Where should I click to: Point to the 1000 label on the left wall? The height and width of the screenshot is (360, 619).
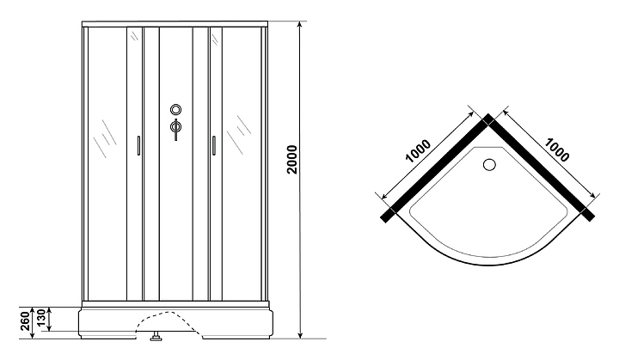click(x=418, y=153)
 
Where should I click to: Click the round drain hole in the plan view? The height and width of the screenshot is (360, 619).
click(x=491, y=164)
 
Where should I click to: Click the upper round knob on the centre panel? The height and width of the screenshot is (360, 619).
click(x=176, y=110)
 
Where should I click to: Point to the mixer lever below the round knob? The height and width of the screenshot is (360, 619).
click(x=175, y=129)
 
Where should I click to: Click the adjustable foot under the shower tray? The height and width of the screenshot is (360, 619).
click(x=156, y=336)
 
